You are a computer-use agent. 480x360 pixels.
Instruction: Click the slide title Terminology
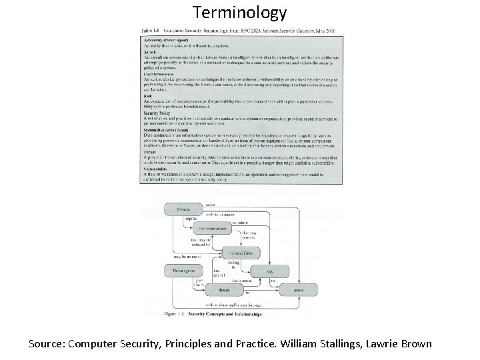click(239, 12)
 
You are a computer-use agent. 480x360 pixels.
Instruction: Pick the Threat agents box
click(184, 271)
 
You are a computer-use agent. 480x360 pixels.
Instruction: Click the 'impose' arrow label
click(189, 219)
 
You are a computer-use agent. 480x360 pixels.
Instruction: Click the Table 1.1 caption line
click(240, 31)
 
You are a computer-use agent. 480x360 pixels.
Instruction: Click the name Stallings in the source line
click(337, 345)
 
